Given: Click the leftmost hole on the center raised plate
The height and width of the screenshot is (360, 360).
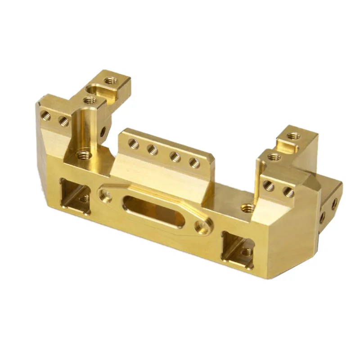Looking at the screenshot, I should (x=133, y=144).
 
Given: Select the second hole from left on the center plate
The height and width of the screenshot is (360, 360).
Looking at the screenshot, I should (x=153, y=149).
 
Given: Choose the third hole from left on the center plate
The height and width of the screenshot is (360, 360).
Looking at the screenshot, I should (x=174, y=156).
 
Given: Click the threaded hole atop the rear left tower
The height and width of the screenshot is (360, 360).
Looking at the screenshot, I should (x=109, y=81).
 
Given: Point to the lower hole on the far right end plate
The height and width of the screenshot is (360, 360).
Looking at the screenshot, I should (x=322, y=217).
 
